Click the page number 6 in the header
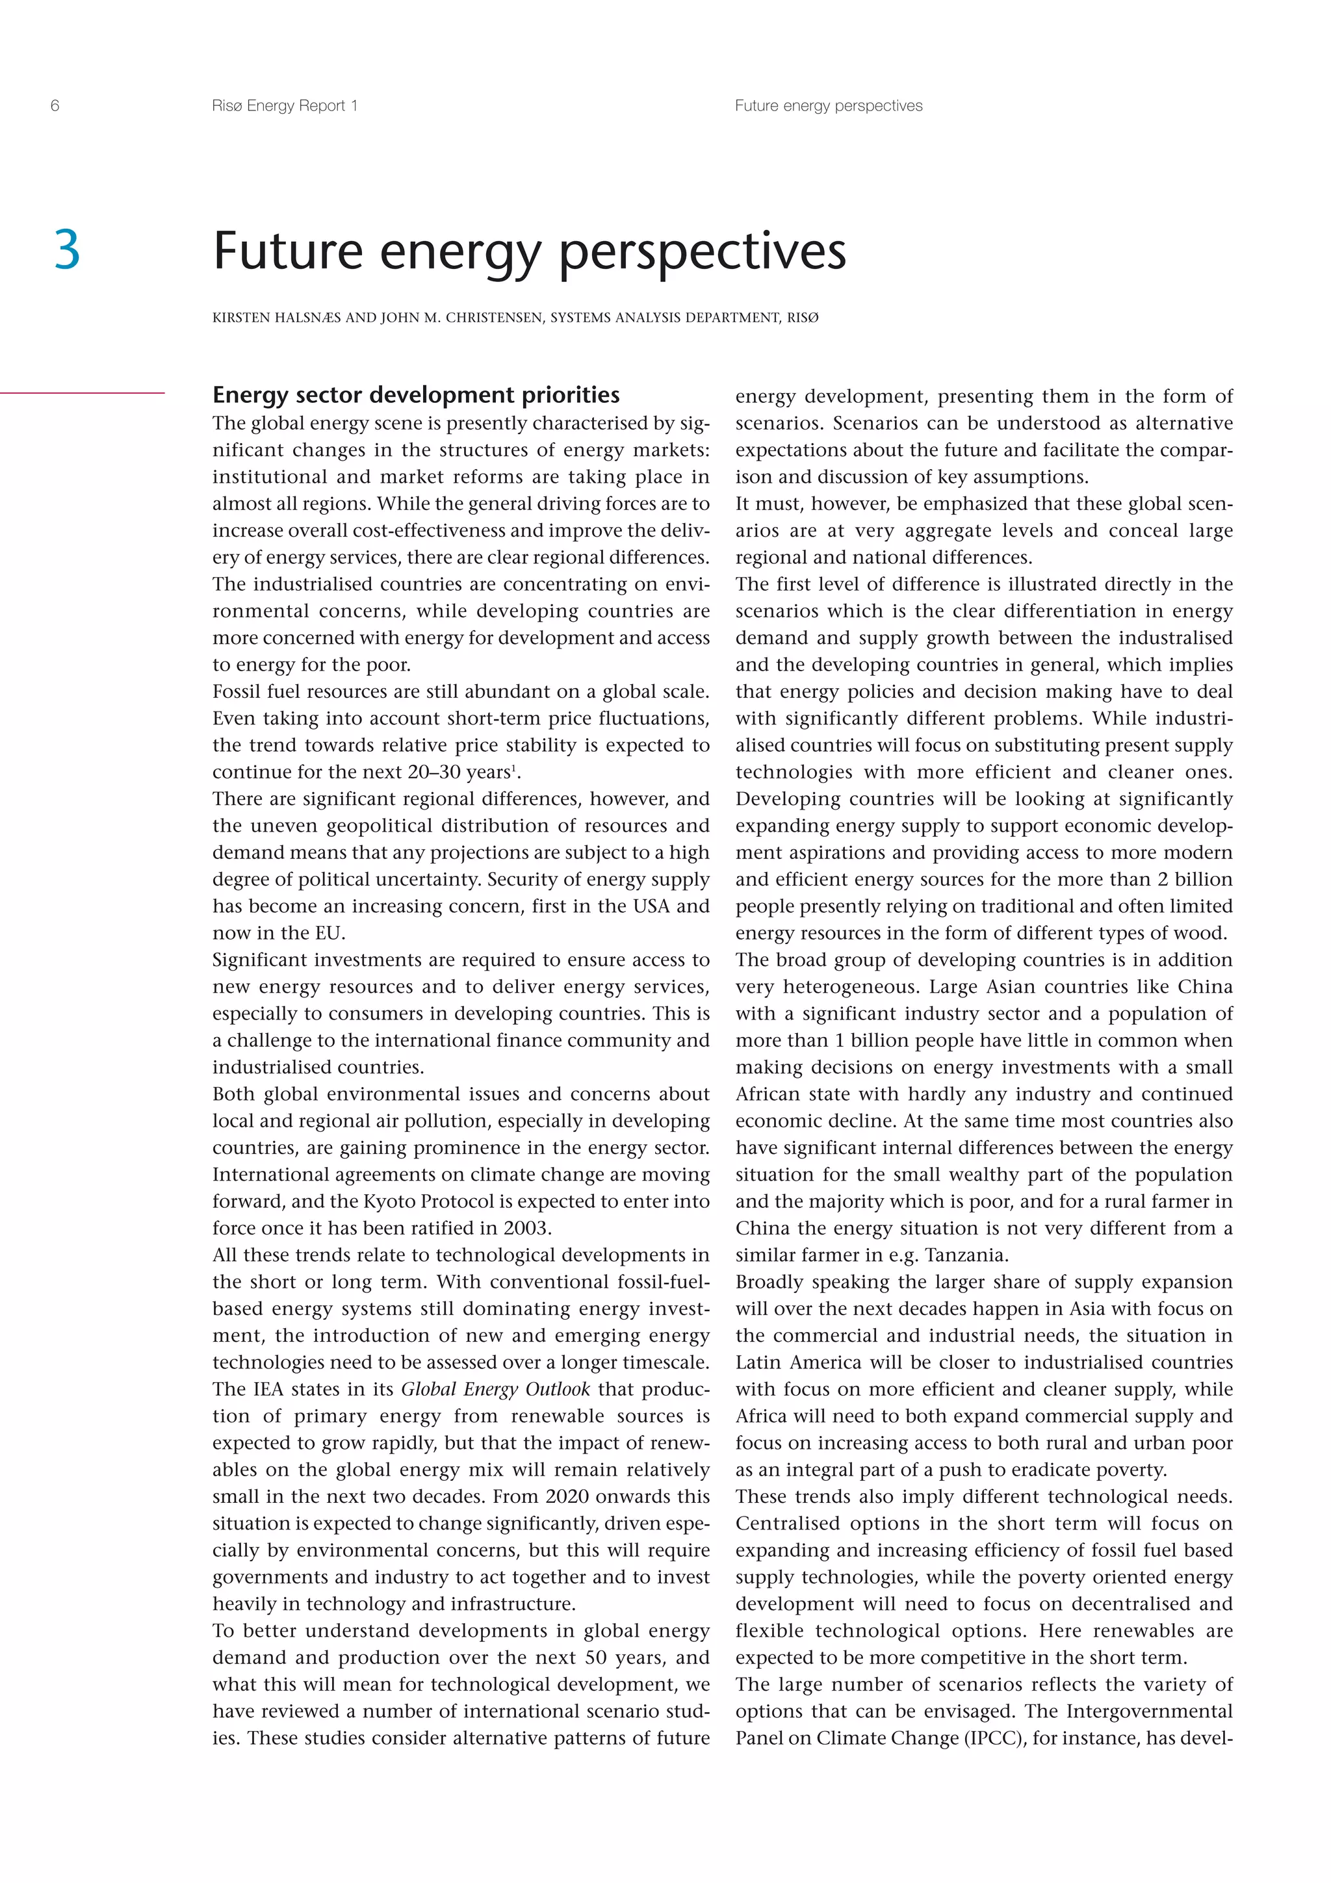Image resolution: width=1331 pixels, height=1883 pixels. (55, 106)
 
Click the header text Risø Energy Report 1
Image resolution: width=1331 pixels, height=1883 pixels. (284, 106)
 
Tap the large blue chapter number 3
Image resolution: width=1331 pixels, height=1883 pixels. (67, 250)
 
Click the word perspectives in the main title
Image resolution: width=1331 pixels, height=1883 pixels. (702, 251)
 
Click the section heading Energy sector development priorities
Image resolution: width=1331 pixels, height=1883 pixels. (416, 395)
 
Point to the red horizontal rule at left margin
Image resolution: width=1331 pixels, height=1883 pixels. (82, 394)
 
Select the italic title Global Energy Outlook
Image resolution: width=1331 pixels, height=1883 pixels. (495, 1389)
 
